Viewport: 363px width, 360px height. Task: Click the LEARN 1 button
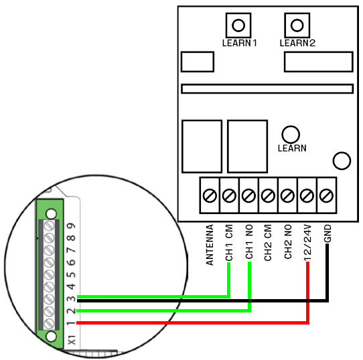pos(238,25)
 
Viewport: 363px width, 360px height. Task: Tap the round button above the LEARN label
pos(291,134)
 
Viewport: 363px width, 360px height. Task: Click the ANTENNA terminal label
pos(210,245)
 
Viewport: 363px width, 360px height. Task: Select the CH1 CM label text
pos(229,243)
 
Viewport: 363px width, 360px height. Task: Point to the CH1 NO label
pos(249,242)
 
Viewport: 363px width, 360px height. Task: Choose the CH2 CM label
pos(268,243)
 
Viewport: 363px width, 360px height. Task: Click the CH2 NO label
pos(288,242)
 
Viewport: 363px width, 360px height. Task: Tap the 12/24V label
pos(307,242)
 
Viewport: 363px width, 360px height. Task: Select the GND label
pos(328,234)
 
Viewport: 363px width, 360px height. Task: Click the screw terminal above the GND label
pos(326,195)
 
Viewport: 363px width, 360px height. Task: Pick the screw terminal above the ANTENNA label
pos(210,195)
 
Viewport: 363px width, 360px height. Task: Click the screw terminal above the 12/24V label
pos(307,195)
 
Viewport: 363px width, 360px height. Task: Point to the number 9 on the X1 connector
pos(72,226)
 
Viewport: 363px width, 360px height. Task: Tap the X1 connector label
pos(72,340)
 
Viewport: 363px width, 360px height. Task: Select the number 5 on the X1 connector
pos(72,274)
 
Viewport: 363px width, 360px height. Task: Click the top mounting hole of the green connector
pos(51,213)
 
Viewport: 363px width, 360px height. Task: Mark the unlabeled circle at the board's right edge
pos(342,161)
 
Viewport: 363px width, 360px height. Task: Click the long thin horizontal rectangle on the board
pos(267,88)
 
